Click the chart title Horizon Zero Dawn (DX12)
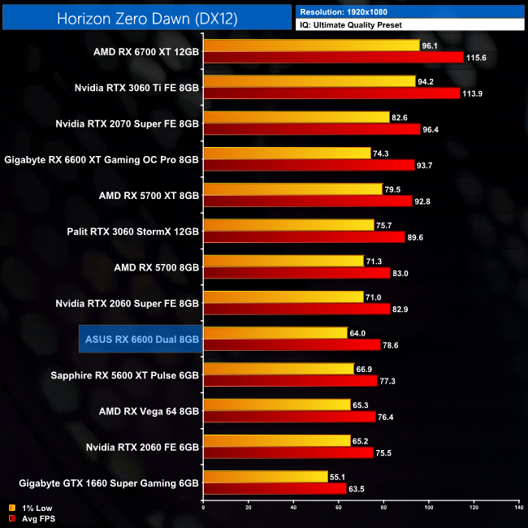pyautogui.click(x=148, y=18)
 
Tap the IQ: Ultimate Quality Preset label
pyautogui.click(x=354, y=25)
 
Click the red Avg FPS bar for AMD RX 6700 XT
pyautogui.click(x=333, y=57)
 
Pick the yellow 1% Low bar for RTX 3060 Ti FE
pyautogui.click(x=309, y=81)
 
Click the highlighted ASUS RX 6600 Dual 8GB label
pyautogui.click(x=140, y=339)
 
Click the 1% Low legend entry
pyautogui.click(x=32, y=507)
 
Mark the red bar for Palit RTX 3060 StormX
pyautogui.click(x=304, y=237)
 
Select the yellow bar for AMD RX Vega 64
pyautogui.click(x=276, y=405)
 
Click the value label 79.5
pyautogui.click(x=395, y=189)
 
